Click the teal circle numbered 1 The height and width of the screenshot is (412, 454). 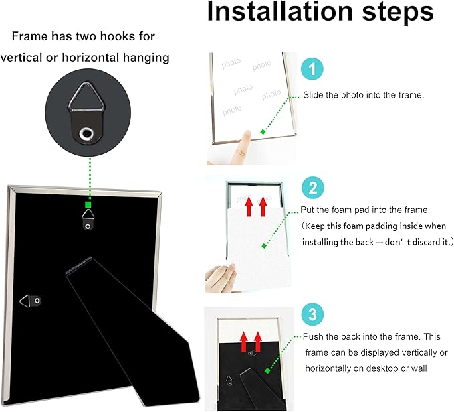pyautogui.click(x=312, y=69)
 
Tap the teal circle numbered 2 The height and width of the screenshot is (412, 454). pyautogui.click(x=313, y=188)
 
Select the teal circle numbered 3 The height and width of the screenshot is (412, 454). pyautogui.click(x=312, y=314)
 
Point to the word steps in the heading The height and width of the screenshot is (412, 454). pyautogui.click(x=398, y=12)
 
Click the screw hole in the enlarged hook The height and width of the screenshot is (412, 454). pyautogui.click(x=86, y=134)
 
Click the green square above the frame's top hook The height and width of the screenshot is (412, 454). pyautogui.click(x=88, y=205)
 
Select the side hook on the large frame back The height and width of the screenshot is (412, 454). pyautogui.click(x=30, y=301)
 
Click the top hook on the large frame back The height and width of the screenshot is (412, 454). pyautogui.click(x=88, y=220)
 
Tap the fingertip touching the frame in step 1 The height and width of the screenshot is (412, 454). pyautogui.click(x=247, y=136)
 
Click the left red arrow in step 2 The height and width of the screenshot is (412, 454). pyautogui.click(x=249, y=206)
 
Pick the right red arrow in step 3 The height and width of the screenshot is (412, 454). pyautogui.click(x=257, y=342)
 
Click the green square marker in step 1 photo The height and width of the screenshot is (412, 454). pyautogui.click(x=263, y=132)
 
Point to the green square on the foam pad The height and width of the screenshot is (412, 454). pyautogui.click(x=264, y=246)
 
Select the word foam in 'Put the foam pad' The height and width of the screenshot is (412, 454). pyautogui.click(x=341, y=210)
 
